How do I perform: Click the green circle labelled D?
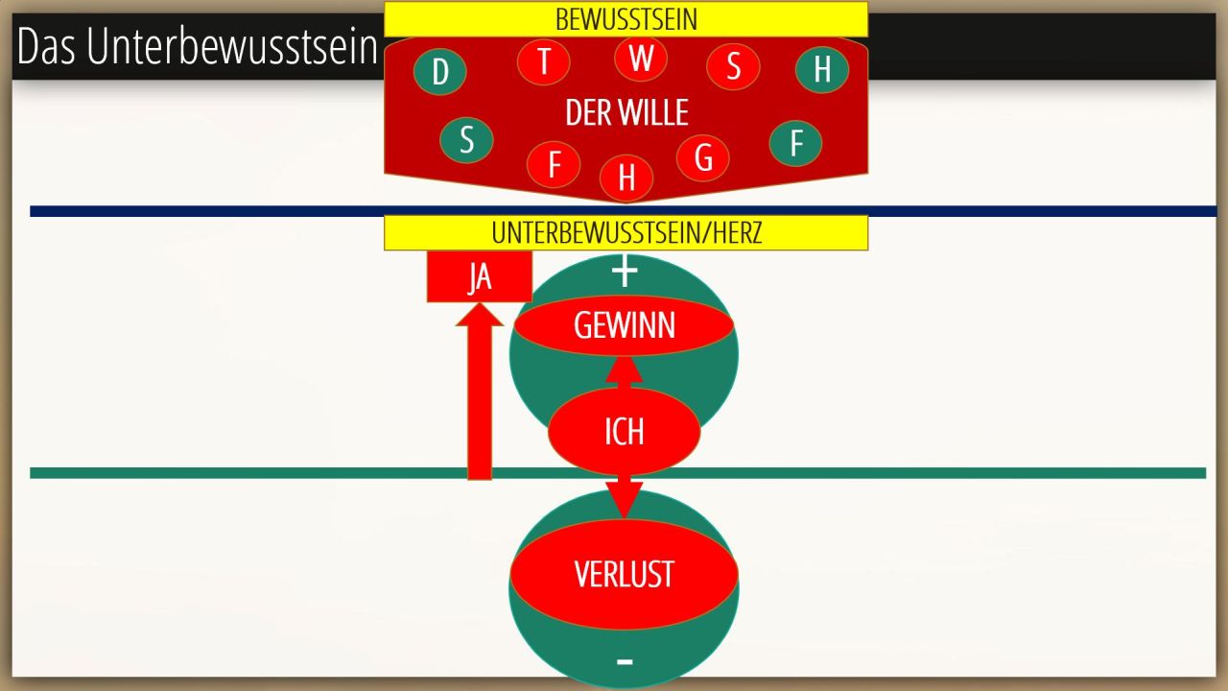click(x=440, y=71)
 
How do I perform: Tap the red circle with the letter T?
click(x=544, y=61)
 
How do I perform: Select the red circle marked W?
click(x=641, y=58)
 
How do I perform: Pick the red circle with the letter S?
click(x=733, y=66)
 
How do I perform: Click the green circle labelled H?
click(x=822, y=69)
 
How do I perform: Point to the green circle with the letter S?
click(x=466, y=139)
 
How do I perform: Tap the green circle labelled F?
click(x=795, y=143)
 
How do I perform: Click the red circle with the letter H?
click(x=626, y=177)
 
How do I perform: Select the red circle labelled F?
click(x=554, y=164)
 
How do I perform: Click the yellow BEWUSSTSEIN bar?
click(x=626, y=19)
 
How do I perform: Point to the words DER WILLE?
click(x=626, y=113)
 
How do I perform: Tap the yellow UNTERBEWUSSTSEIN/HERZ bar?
click(x=626, y=233)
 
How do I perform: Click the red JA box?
click(x=480, y=277)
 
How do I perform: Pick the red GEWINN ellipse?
click(x=625, y=326)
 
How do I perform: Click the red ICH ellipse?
click(x=624, y=432)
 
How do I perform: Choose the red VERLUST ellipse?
click(x=624, y=574)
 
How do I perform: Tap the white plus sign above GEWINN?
click(x=625, y=273)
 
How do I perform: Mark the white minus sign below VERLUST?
click(x=625, y=661)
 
